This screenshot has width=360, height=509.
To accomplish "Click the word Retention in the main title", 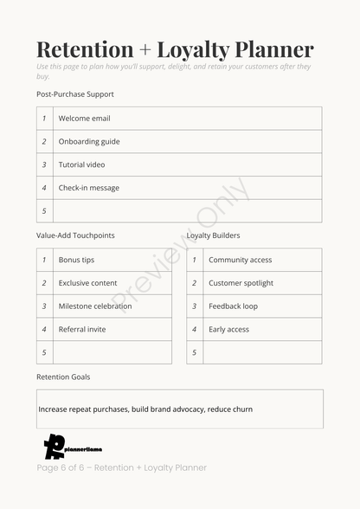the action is [85, 49].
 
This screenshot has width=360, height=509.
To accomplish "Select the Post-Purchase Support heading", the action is [75, 94].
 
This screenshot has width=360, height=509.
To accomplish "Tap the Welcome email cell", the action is [84, 119].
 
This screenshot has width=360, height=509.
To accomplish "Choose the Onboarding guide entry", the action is [89, 142].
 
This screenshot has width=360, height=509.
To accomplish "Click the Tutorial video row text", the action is [81, 164].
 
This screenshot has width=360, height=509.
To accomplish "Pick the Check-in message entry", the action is [89, 188].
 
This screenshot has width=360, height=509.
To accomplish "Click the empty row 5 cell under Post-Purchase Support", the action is [187, 211].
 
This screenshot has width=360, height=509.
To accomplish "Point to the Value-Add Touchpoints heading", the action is [75, 235].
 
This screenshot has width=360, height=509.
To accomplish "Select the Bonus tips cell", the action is [76, 260].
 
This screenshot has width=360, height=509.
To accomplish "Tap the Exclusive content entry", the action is [87, 283].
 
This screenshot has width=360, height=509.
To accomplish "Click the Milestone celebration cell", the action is [95, 306].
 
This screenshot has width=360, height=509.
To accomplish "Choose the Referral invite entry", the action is [82, 330].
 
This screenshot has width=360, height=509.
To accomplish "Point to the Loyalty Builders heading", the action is [213, 235].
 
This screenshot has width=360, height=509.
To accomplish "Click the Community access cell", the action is [240, 260].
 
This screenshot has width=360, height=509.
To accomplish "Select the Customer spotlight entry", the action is [241, 283].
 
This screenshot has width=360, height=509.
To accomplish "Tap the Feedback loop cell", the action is [233, 306].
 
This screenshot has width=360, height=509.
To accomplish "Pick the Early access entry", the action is [228, 330].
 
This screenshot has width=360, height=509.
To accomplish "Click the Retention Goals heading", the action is [63, 377].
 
